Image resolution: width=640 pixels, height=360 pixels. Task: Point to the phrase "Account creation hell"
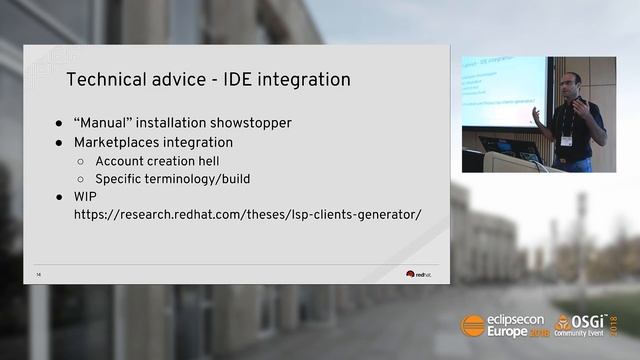click(157, 161)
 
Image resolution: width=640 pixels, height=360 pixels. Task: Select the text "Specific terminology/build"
click(172, 179)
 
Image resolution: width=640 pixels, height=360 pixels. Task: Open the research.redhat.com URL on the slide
click(247, 215)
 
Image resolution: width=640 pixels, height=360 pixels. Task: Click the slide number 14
click(38, 274)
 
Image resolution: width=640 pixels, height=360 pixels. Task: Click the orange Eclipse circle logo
click(472, 325)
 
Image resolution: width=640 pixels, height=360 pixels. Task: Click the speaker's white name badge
click(566, 140)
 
